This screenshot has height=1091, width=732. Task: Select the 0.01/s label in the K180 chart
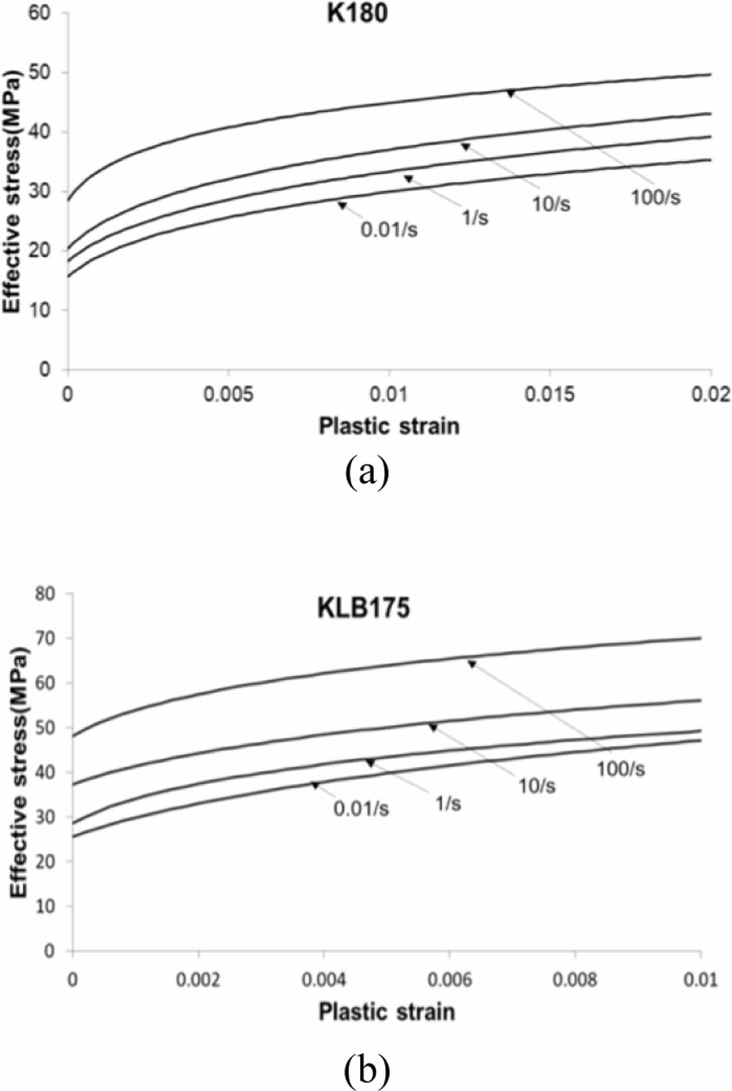(x=389, y=230)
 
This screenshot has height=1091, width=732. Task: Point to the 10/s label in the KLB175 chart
(x=537, y=786)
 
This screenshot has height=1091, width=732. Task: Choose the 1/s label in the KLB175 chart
(x=447, y=804)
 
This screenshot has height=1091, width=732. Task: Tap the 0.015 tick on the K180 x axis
(x=550, y=394)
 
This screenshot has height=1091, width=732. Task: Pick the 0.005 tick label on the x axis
(x=229, y=394)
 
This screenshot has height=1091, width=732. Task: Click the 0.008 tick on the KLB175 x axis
(x=575, y=980)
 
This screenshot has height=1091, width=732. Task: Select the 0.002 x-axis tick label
(x=198, y=980)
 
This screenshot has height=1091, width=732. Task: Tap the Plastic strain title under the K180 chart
(x=389, y=425)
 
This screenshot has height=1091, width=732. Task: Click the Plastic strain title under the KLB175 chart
(x=387, y=1011)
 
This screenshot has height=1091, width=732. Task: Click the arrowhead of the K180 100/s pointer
(x=510, y=94)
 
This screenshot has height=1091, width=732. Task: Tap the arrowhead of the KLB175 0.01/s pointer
(x=316, y=785)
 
